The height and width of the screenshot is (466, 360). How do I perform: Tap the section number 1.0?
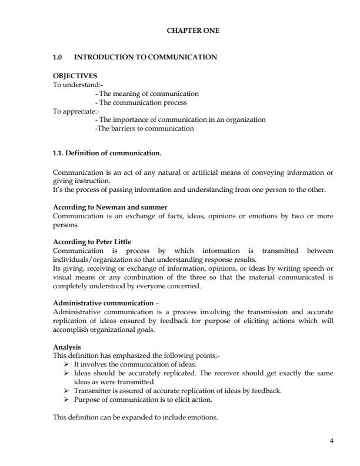pyautogui.click(x=58, y=57)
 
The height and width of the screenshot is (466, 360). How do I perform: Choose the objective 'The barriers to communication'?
pyautogui.click(x=144, y=128)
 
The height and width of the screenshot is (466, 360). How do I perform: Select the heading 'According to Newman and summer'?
pyautogui.click(x=110, y=208)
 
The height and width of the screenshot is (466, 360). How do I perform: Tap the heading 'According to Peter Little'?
pyautogui.click(x=92, y=242)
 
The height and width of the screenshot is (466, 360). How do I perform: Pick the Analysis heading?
pyautogui.click(x=67, y=347)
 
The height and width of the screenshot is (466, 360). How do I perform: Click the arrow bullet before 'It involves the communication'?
pyautogui.click(x=66, y=365)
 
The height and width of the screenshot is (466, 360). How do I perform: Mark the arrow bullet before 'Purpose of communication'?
pyautogui.click(x=66, y=400)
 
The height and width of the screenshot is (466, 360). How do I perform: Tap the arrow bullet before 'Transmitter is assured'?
pyautogui.click(x=66, y=391)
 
